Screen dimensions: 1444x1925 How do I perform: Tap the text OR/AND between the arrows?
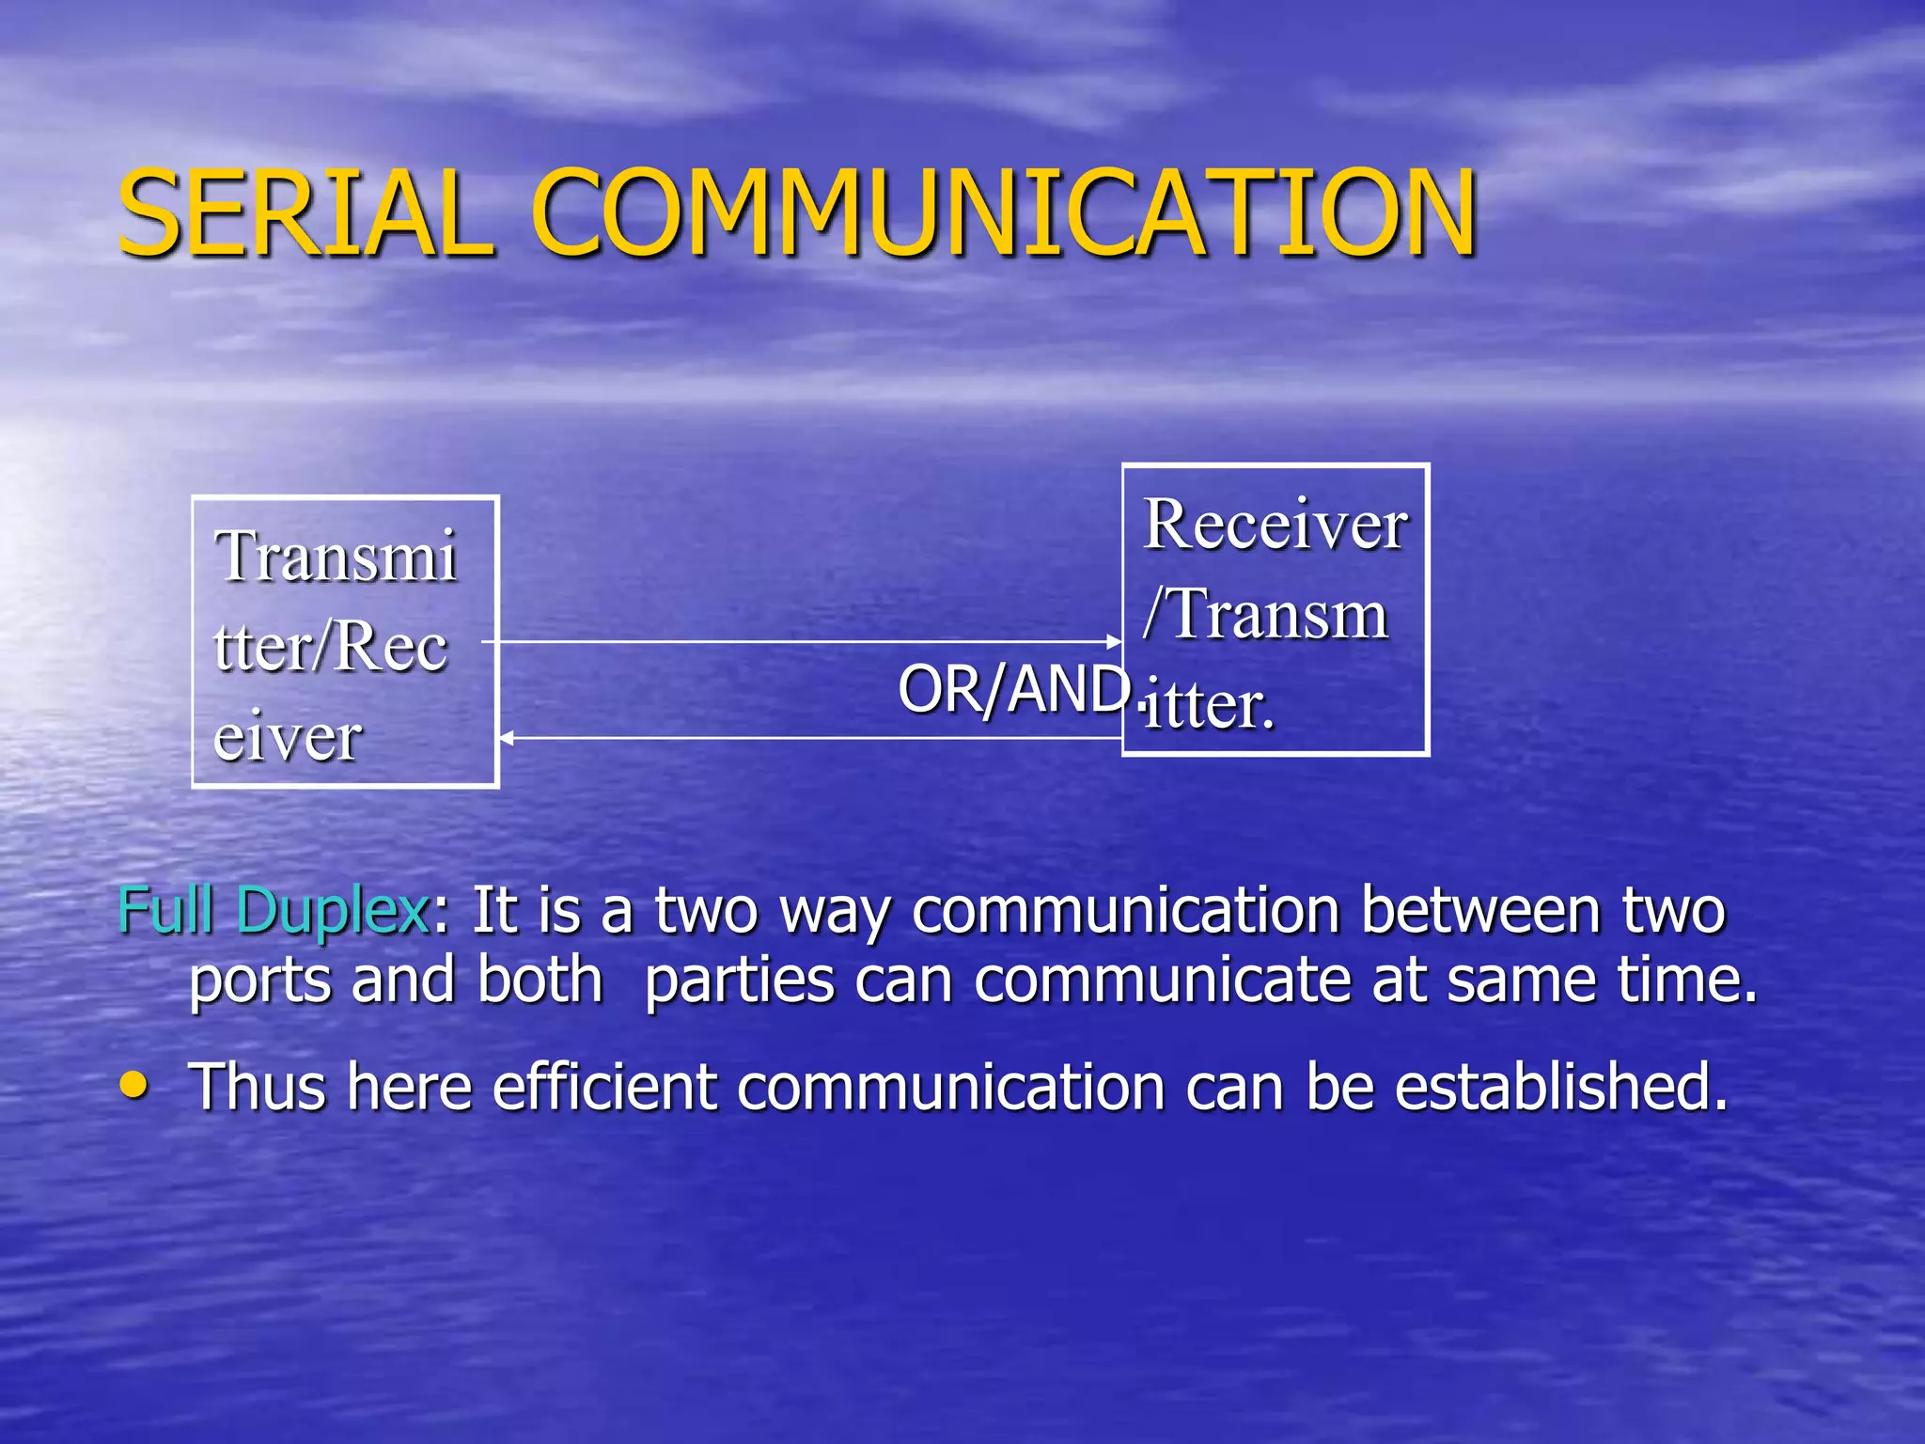point(1013,689)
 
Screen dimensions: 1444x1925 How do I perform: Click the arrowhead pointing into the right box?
point(1114,642)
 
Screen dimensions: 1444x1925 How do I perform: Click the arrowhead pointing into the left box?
point(506,738)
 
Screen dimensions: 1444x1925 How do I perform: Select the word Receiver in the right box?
point(1275,525)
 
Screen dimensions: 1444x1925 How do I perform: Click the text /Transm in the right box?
point(1265,615)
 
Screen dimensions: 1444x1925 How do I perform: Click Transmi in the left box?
point(336,557)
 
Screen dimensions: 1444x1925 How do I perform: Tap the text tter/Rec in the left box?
point(330,647)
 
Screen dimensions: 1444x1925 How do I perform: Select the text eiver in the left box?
point(288,737)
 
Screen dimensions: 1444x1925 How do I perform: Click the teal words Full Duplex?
point(274,910)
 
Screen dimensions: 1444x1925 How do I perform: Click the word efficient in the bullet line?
point(604,1087)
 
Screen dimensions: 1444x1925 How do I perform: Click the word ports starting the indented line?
point(260,981)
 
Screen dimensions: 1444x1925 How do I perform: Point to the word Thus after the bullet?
point(258,1087)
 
